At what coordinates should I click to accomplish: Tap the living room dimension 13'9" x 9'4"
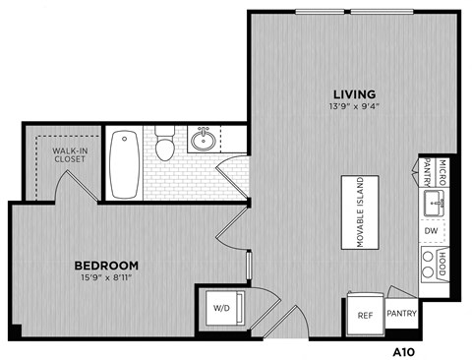coord(349,109)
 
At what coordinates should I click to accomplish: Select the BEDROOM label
coord(106,266)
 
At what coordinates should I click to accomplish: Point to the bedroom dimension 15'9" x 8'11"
coord(106,278)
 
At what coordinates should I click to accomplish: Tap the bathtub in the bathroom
coord(123,162)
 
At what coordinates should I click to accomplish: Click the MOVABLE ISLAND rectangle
coord(361,213)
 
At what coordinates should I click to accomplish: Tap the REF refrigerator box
coord(363,316)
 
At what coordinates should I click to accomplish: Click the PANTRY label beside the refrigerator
coord(402,315)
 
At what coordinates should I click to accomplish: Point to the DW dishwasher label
coord(430,232)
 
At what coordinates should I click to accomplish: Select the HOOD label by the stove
coord(443,263)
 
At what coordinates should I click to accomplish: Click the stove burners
coord(429,263)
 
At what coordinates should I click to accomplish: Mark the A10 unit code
coord(404,347)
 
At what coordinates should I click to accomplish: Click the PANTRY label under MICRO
coord(429,174)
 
